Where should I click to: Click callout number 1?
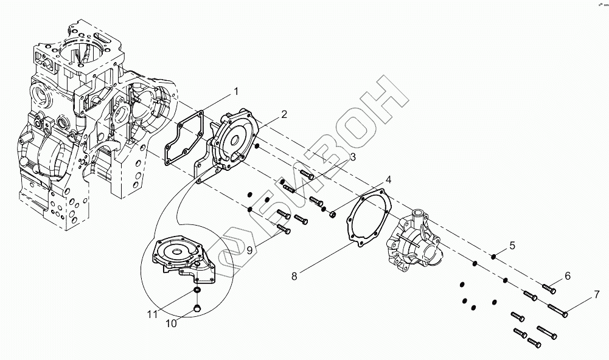(x=236, y=92)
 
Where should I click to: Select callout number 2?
(x=284, y=114)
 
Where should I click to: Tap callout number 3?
(x=352, y=158)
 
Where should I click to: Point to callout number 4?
(x=388, y=180)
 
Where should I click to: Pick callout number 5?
(x=512, y=246)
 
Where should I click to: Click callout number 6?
(x=568, y=276)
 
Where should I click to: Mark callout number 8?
(x=294, y=276)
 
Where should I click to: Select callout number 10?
(x=172, y=324)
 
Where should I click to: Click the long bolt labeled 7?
(x=557, y=310)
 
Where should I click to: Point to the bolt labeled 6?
(x=548, y=286)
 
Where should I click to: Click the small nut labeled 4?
(x=332, y=214)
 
